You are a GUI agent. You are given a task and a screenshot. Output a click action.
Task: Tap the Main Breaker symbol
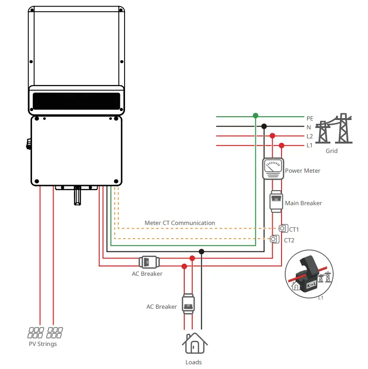276,201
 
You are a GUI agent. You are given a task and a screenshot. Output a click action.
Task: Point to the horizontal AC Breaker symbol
149,262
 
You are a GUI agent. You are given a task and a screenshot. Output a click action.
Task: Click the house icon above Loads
194,344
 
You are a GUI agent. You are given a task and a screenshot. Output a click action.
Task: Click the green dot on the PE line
255,115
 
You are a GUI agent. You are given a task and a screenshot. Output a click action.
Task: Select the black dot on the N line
264,126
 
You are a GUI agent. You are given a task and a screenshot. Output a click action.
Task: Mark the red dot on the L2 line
272,136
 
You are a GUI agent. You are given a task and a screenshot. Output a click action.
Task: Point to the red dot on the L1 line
282,145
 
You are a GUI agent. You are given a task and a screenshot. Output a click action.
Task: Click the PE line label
310,119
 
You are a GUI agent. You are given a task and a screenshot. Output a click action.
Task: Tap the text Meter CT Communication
180,223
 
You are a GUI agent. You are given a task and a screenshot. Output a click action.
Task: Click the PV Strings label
43,344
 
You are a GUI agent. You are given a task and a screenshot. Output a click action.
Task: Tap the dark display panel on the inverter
77,101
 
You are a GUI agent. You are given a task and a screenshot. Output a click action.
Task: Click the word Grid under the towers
331,151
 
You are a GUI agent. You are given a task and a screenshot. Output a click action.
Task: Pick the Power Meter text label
303,171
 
